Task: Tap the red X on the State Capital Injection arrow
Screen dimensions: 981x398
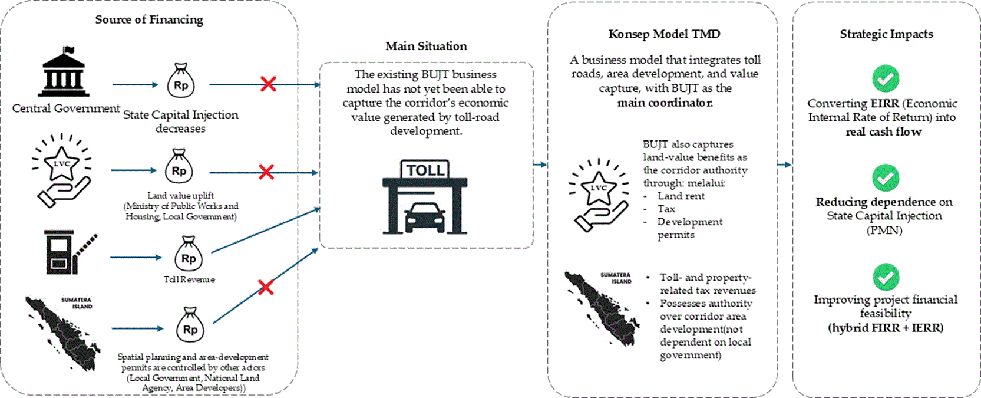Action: pos(268,84)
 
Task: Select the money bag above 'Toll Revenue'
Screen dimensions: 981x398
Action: pos(189,254)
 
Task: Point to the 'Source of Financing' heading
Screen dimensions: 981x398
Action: pos(149,19)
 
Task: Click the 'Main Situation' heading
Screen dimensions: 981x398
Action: pos(426,46)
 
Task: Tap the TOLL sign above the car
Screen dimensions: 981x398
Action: pos(425,170)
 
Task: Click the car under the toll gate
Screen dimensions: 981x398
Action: pos(425,218)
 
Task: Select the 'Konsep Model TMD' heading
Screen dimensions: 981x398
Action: pos(665,34)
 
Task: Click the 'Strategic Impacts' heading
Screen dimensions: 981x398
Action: pos(886,34)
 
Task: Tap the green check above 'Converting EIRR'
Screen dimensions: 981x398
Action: pos(886,78)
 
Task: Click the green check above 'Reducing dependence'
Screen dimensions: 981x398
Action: pos(886,178)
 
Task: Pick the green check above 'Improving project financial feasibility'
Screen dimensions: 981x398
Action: pos(886,277)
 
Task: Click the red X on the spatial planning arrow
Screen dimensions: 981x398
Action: pos(266,288)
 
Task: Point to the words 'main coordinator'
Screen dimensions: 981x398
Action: pos(665,103)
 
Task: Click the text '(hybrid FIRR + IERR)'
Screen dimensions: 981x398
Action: pos(886,328)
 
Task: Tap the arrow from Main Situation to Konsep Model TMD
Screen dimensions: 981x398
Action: pos(540,165)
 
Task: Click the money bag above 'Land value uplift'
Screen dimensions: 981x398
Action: pos(179,166)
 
